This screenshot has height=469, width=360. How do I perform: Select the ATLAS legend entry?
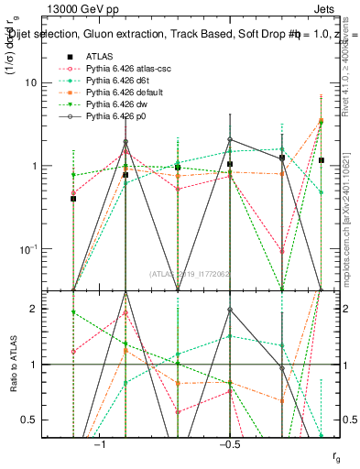click(102, 56)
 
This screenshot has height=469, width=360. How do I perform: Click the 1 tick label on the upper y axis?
click(35, 166)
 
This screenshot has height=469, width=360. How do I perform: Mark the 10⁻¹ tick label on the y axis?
click(29, 248)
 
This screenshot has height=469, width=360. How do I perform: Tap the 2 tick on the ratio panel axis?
click(35, 309)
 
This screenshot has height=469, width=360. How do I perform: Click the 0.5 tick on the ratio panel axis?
click(31, 420)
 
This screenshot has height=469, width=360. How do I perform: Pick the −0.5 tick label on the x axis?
click(229, 442)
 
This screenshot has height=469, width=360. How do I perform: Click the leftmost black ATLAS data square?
click(73, 198)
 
